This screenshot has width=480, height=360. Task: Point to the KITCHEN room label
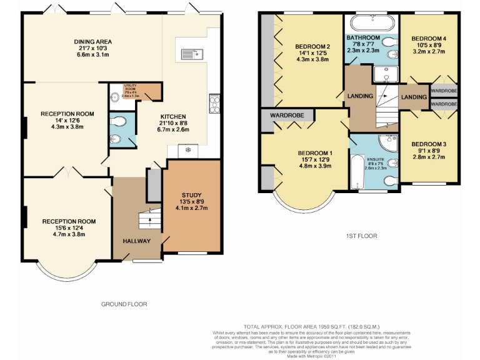(x=172, y=117)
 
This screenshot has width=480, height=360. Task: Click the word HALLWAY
(x=136, y=241)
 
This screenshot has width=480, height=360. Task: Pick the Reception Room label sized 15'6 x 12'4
(x=69, y=221)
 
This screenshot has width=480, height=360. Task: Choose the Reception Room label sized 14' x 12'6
(x=67, y=114)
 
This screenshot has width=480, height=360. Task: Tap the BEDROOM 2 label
(x=312, y=47)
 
